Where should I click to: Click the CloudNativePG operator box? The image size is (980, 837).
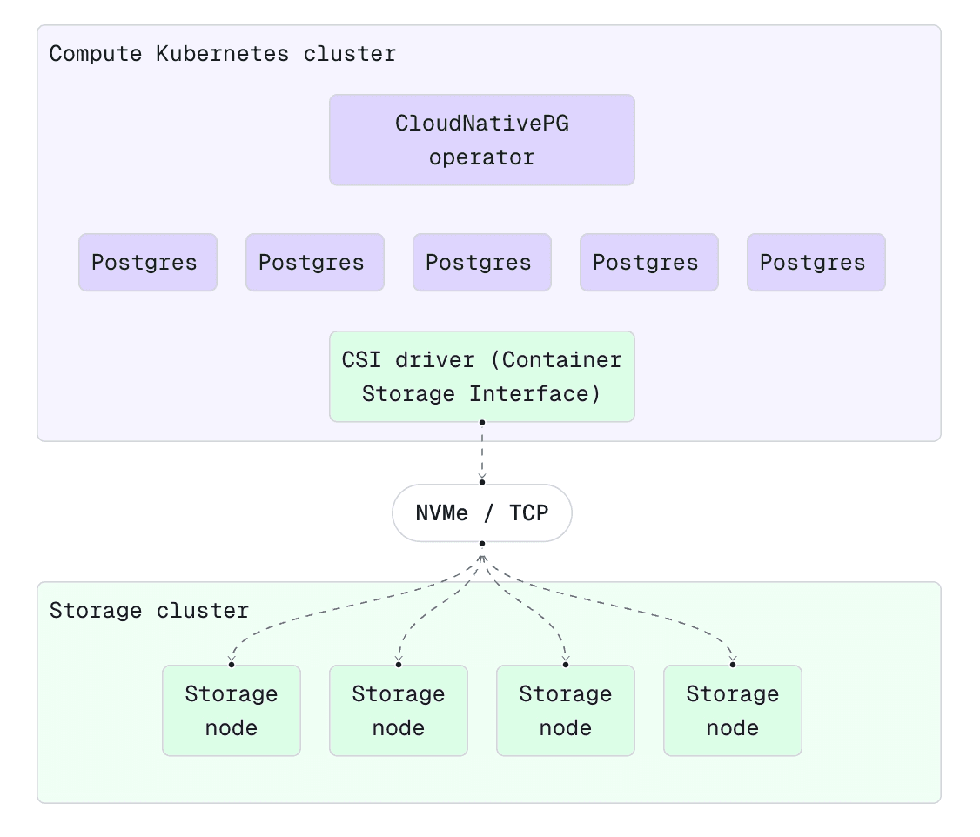[481, 140]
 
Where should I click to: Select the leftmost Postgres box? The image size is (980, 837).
[147, 262]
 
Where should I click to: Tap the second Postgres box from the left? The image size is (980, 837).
[314, 262]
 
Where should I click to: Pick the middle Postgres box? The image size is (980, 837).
[481, 262]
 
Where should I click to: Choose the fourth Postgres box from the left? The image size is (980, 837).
[648, 262]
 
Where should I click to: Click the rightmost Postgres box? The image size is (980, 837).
[816, 262]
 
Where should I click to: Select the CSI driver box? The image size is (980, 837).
[481, 377]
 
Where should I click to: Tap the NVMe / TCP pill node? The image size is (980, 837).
[481, 513]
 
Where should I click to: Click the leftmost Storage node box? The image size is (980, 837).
[231, 711]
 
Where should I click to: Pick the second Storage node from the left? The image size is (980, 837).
[398, 711]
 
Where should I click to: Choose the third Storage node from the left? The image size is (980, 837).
[565, 711]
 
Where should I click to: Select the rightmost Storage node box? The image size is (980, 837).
[732, 711]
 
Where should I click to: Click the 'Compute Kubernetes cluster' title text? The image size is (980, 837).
[222, 54]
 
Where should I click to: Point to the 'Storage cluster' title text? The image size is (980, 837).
[149, 611]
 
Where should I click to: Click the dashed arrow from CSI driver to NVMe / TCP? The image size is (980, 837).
[481, 452]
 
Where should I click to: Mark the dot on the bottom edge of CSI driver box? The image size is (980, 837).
[481, 423]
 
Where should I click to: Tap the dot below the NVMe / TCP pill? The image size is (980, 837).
[481, 544]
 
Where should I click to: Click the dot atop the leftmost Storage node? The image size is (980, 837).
[231, 665]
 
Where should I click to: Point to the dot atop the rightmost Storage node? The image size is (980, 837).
[732, 665]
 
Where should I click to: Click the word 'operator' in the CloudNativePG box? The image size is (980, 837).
[481, 158]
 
